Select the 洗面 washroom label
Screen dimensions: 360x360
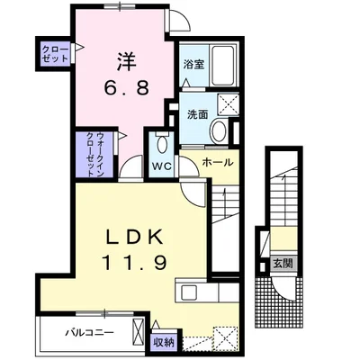pyautogui.click(x=198, y=114)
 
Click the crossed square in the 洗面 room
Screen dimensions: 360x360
pyautogui.click(x=227, y=105)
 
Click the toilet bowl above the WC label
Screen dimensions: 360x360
pyautogui.click(x=162, y=143)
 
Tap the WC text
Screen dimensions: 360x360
pyautogui.click(x=162, y=167)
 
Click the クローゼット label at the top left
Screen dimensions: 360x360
pyautogui.click(x=51, y=54)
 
